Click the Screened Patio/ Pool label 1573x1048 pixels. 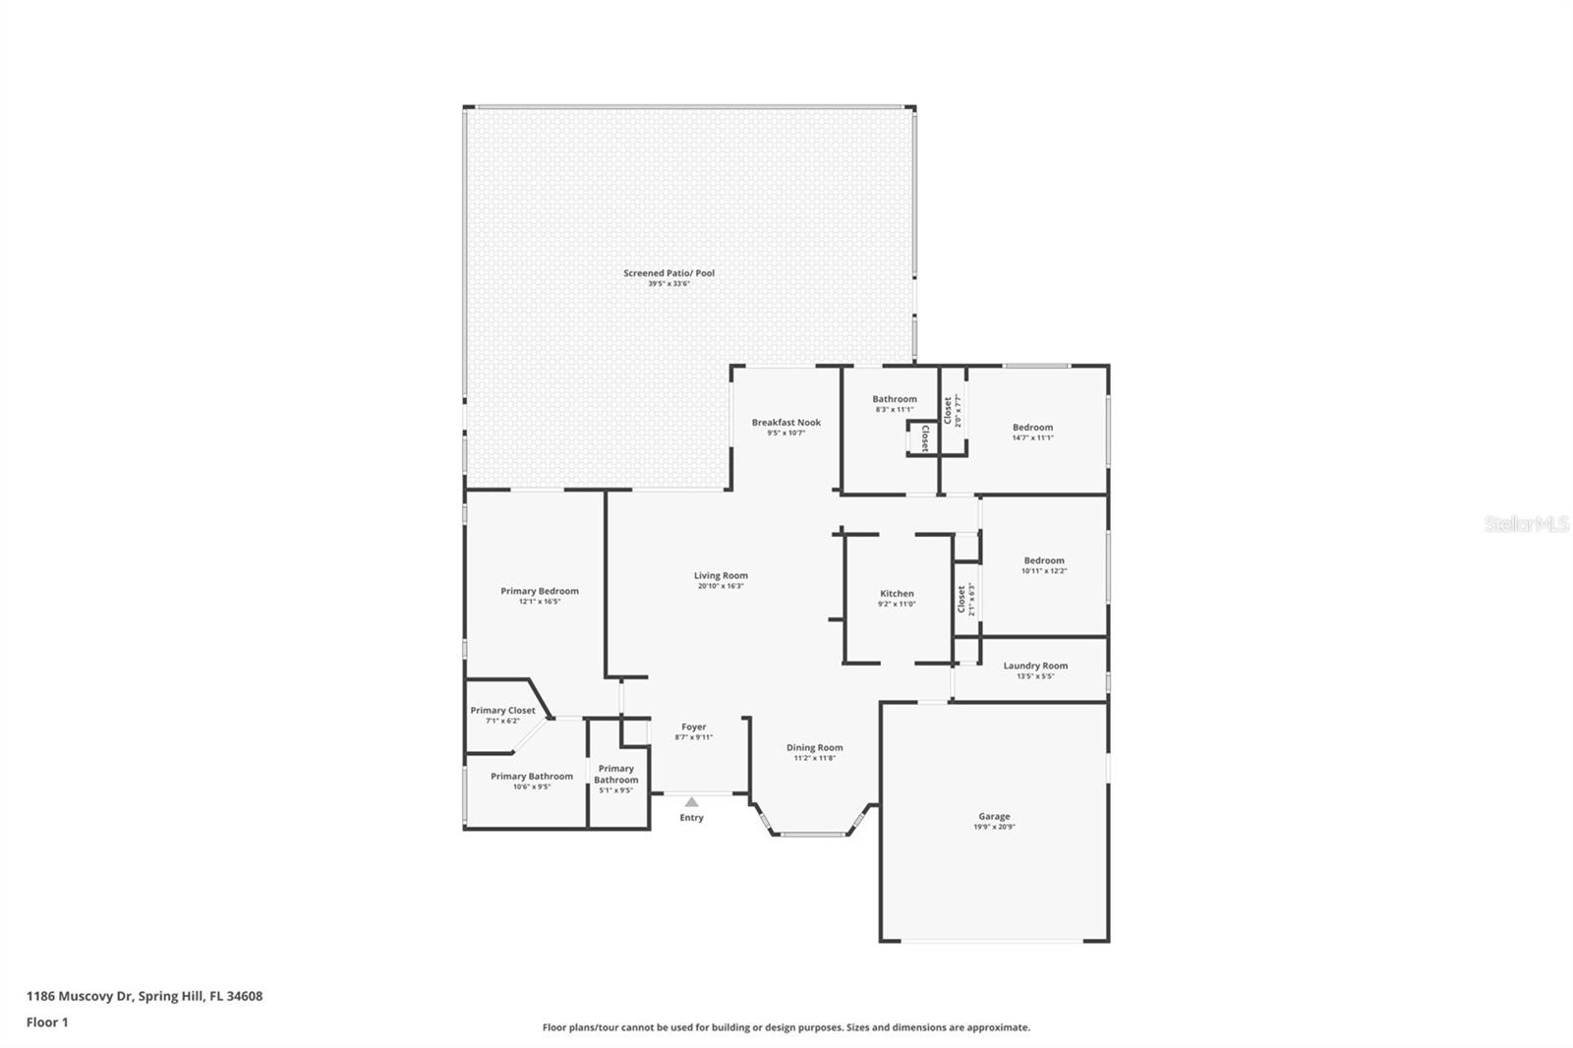(669, 273)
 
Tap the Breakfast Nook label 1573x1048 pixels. (786, 423)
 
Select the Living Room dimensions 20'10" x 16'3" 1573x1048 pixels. (721, 587)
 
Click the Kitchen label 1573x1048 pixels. (897, 594)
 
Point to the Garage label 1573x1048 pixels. (994, 816)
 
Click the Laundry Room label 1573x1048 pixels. (1035, 666)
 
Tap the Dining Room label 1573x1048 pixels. (814, 747)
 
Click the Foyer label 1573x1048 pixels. (694, 727)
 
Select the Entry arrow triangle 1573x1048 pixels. (692, 802)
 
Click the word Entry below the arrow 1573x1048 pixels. (692, 818)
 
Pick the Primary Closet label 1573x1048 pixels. (502, 710)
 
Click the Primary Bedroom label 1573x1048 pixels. (540, 591)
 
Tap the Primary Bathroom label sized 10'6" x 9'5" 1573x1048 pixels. (532, 777)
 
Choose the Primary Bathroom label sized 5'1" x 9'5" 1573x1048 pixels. (616, 775)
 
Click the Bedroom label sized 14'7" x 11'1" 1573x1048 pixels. (1032, 428)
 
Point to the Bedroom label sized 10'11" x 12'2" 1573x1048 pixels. (1044, 560)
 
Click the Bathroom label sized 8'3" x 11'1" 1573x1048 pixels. (895, 399)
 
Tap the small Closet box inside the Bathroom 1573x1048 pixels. (923, 439)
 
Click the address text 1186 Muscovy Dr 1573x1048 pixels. (80, 996)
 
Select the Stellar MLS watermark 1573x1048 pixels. (1526, 525)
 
